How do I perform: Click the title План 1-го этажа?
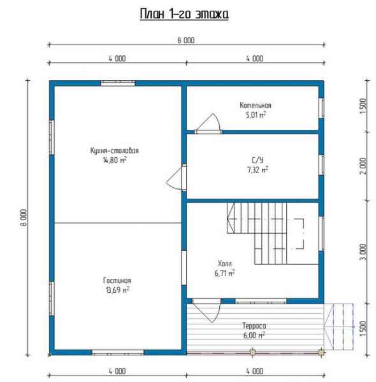click(184, 14)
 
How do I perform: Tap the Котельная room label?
click(256, 105)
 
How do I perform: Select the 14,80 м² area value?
click(114, 160)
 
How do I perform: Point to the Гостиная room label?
click(117, 280)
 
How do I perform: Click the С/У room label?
click(257, 160)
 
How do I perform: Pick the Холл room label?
click(224, 264)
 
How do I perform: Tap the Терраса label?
click(254, 326)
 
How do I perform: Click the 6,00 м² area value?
click(254, 336)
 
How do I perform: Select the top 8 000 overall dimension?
click(186, 41)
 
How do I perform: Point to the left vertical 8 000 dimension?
click(24, 218)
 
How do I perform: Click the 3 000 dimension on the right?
click(363, 252)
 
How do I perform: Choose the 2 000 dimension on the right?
click(363, 166)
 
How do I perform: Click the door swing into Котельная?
click(208, 124)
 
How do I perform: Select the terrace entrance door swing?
click(206, 311)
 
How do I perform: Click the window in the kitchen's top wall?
click(118, 83)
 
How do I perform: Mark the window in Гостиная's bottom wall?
click(118, 352)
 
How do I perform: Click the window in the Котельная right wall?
click(321, 108)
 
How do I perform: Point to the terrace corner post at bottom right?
click(321, 352)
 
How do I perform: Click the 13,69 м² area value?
click(117, 290)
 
